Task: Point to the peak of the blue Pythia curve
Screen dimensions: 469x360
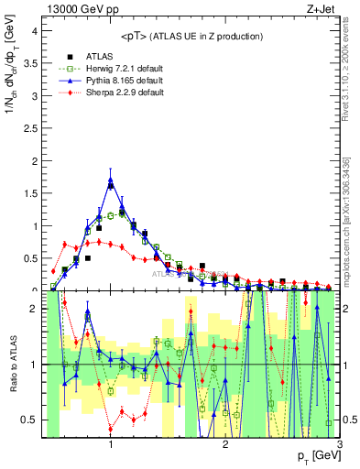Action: [111, 182]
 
